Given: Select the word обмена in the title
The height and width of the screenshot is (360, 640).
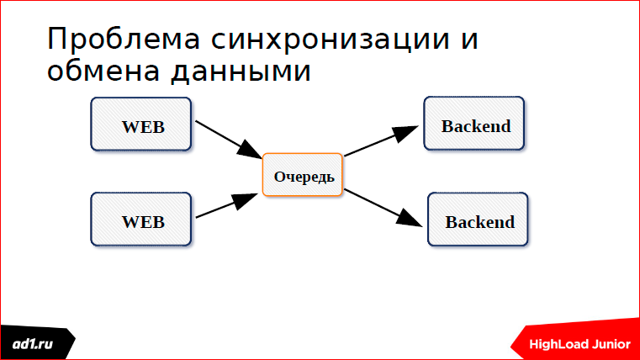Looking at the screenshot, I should click(x=102, y=71).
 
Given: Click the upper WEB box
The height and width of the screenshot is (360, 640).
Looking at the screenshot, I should click(x=141, y=124).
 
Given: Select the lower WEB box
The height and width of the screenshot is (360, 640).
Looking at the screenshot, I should click(x=141, y=220).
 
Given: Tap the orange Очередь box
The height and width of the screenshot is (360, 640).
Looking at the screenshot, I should click(x=303, y=175).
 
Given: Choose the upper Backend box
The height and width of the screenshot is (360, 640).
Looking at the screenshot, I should click(x=474, y=124).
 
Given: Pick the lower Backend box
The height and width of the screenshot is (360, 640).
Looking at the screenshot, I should click(x=478, y=220).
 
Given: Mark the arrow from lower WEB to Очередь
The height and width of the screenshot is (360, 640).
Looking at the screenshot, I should click(x=225, y=207).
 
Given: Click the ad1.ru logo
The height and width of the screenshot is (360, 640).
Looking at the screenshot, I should click(x=35, y=344).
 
